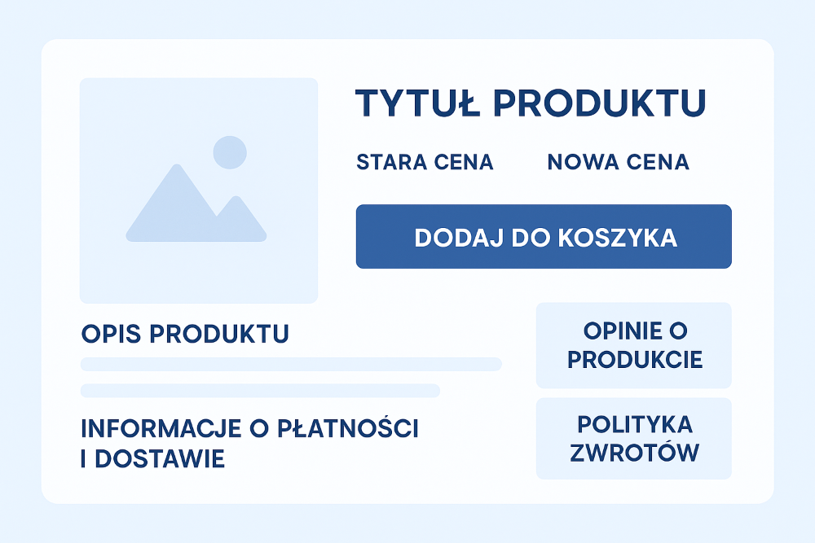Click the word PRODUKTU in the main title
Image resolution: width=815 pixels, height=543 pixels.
[x=599, y=103]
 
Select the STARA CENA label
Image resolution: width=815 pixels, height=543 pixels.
[x=425, y=162]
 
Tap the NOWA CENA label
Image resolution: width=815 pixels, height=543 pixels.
[x=618, y=162]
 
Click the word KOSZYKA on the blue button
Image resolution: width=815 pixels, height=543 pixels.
[x=618, y=238]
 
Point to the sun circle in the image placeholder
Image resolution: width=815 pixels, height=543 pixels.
[x=230, y=152]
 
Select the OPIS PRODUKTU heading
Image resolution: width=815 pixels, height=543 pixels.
[x=185, y=334]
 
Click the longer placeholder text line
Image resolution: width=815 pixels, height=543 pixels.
[x=291, y=364]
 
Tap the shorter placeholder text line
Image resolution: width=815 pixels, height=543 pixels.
[x=260, y=391]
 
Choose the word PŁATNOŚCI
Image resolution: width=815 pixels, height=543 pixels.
[x=347, y=427]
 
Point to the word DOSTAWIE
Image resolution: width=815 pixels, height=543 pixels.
[x=160, y=459]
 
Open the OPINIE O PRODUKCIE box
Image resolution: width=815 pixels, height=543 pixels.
[x=633, y=345]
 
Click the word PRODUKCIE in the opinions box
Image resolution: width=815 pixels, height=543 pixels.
[x=635, y=360]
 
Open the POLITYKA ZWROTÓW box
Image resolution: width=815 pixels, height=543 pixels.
[x=633, y=438]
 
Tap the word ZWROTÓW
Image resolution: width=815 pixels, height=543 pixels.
[x=635, y=452]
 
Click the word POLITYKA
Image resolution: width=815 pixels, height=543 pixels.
[x=635, y=425]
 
